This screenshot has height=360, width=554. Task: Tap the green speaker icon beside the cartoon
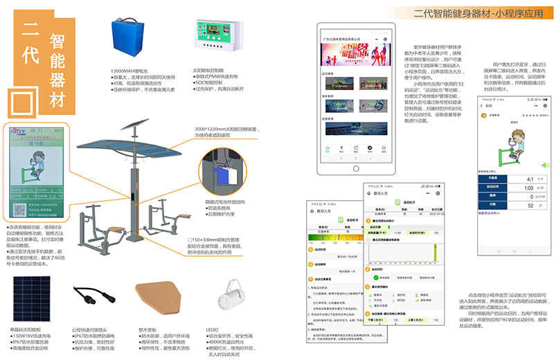[x=544, y=165]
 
